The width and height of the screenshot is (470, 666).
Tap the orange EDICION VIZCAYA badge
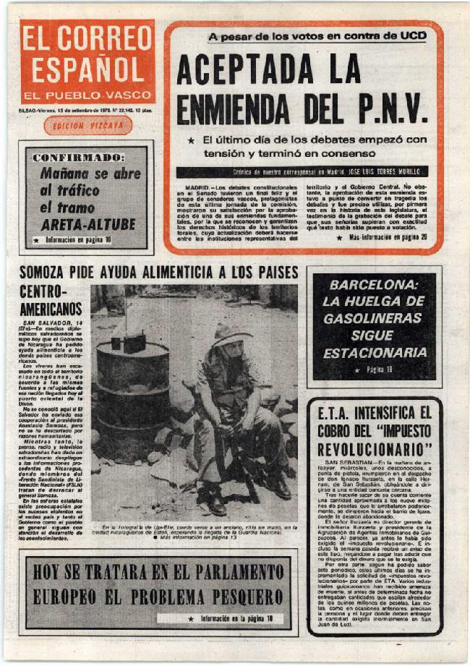point(87,125)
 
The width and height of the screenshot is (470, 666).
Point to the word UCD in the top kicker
point(410,35)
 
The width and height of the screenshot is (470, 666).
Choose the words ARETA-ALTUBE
point(87,224)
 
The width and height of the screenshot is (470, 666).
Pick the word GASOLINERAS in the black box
point(374,319)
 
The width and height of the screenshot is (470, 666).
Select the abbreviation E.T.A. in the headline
point(342,413)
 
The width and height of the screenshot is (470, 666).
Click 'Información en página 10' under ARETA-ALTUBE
point(77,239)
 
